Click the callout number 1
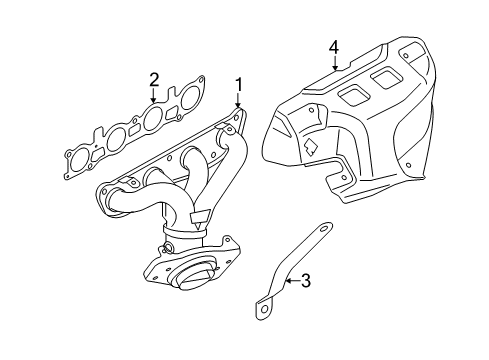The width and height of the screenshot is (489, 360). point(238,85)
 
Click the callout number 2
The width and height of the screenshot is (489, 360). point(154,80)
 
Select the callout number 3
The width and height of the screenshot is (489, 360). point(306,281)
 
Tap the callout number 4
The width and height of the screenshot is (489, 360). point(334,48)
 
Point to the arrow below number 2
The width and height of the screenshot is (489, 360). point(153,95)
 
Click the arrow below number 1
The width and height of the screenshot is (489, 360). point(238,101)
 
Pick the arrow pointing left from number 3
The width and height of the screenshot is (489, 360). point(293,281)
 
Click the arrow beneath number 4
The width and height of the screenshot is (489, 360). point(335,63)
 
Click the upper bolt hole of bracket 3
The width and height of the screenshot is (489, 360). point(323,229)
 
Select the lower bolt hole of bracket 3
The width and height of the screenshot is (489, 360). point(265,309)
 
